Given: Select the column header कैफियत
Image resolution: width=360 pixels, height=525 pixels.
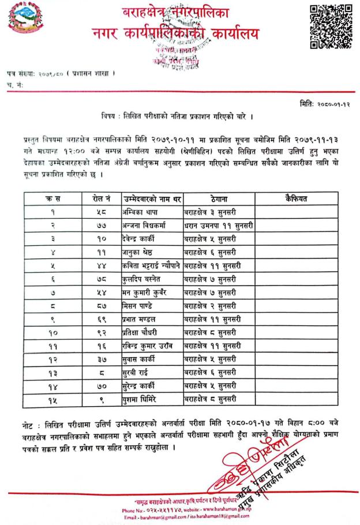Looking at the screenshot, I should coord(296,199).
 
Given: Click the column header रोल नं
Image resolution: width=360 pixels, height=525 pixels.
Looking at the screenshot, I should coord(99,199).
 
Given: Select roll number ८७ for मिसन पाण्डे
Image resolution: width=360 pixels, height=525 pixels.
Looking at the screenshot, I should coord(99,305).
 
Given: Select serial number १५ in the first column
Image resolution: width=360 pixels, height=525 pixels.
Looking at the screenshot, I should coord(52,398).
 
